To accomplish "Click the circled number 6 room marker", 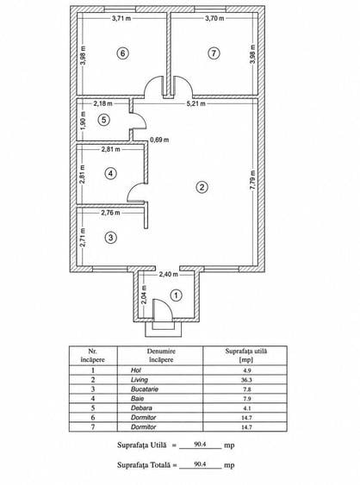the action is click(x=123, y=53).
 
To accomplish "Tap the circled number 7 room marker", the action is click(x=214, y=53).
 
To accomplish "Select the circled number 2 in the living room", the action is click(x=202, y=187).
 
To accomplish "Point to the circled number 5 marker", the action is click(x=104, y=120).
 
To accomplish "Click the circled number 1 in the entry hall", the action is click(x=176, y=295).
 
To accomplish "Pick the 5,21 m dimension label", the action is click(x=196, y=103).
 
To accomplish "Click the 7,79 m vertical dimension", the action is click(x=252, y=180).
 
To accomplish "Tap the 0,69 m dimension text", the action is click(x=159, y=140).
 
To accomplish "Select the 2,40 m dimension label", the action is click(x=169, y=274).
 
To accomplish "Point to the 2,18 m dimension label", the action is click(x=103, y=103).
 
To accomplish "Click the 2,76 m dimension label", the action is click(x=110, y=213).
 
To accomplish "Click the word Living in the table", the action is click(x=140, y=380).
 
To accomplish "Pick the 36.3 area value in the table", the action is click(x=246, y=380).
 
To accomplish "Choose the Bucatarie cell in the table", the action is click(x=145, y=389).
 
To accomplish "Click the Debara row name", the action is click(x=141, y=408).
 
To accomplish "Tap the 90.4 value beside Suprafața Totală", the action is click(x=200, y=464).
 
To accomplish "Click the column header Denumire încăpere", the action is click(x=161, y=356).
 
